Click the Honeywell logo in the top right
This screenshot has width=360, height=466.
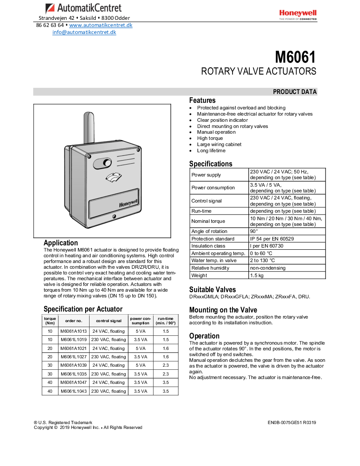point(297,15)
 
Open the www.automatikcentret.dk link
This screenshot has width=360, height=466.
point(101,25)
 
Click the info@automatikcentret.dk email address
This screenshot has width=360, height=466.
point(84,32)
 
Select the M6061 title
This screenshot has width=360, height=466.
point(296,57)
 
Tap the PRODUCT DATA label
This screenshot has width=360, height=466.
point(295,92)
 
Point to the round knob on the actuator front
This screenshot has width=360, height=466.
point(107,164)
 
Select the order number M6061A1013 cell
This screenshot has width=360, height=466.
point(74,331)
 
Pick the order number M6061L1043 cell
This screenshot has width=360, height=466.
point(74,391)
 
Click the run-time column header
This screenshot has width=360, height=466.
point(165,321)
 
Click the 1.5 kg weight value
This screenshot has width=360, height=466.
point(257,275)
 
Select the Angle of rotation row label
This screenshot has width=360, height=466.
point(209,231)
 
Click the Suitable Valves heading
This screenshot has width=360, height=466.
point(213,290)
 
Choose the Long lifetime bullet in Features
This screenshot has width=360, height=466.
point(211,150)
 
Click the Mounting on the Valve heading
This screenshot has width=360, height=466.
point(223,310)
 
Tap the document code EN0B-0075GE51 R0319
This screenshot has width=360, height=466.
point(292,423)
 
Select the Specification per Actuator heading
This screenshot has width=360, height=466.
point(83,309)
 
